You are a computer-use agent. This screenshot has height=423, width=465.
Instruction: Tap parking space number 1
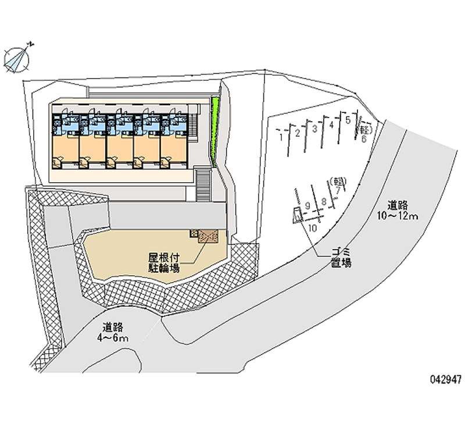281,137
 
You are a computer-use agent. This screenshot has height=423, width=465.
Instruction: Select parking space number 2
298,133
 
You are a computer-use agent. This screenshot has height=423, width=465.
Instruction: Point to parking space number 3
314,129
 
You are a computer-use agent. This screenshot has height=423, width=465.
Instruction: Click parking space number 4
331,125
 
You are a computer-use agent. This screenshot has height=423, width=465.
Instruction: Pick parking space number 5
348,120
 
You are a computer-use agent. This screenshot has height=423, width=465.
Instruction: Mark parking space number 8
323,202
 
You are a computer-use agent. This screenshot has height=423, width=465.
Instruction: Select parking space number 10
313,228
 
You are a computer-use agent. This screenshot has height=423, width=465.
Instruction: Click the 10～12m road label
398,211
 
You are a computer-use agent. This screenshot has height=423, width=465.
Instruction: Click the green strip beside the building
216,131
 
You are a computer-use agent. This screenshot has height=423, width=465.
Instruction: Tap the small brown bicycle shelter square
208,234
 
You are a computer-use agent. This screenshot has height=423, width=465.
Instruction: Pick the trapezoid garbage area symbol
296,218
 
